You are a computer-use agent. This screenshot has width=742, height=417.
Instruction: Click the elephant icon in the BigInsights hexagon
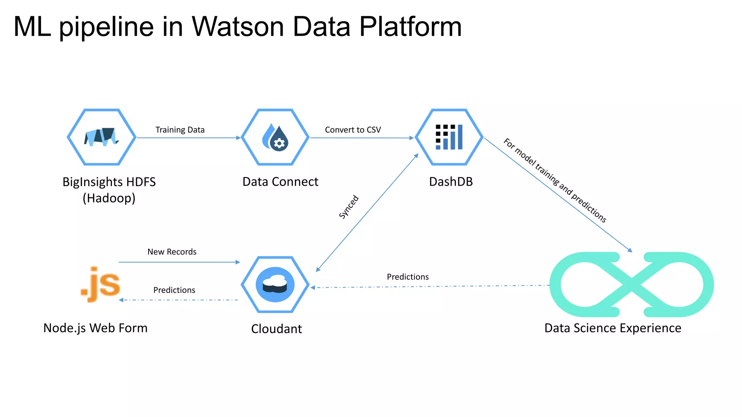click(x=101, y=137)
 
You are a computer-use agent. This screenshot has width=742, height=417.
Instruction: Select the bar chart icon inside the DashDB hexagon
click(x=449, y=137)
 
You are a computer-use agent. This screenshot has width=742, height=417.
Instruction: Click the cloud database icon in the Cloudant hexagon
click(x=275, y=285)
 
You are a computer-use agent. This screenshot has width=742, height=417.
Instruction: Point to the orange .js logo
click(x=101, y=285)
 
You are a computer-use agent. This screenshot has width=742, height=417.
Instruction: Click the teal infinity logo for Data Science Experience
click(x=631, y=285)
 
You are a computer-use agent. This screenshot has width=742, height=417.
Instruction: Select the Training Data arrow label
click(x=180, y=130)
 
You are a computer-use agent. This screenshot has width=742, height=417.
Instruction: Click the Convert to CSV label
click(x=353, y=130)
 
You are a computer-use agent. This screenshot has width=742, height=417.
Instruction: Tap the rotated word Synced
click(x=349, y=207)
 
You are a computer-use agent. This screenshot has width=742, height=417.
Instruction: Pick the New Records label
click(x=172, y=252)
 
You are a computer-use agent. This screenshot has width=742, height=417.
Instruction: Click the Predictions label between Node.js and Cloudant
click(x=174, y=290)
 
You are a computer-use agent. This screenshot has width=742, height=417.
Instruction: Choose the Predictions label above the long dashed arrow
click(x=408, y=277)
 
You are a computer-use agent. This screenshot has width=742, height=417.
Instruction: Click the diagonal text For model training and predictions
click(x=555, y=180)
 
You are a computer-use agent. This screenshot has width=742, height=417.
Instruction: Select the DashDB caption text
click(x=451, y=181)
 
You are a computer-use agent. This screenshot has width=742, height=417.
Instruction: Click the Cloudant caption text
click(x=276, y=329)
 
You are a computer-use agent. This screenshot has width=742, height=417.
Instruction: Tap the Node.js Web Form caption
click(x=95, y=328)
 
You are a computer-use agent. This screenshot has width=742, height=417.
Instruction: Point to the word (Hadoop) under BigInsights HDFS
click(x=109, y=198)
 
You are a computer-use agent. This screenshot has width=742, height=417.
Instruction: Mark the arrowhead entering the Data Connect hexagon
click(x=238, y=138)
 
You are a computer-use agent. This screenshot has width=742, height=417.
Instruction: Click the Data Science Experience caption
click(x=613, y=328)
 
